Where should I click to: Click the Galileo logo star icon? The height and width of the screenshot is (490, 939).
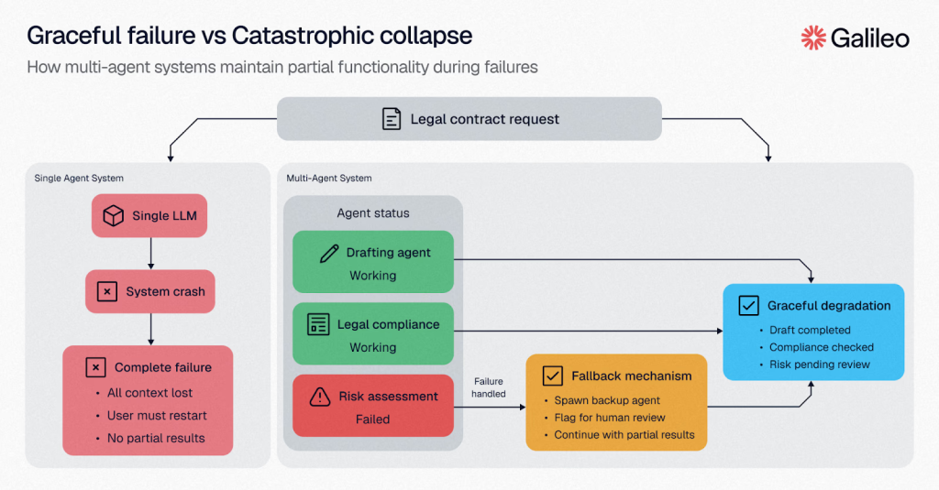(x=813, y=37)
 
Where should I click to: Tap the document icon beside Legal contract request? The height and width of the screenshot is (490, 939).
(x=392, y=119)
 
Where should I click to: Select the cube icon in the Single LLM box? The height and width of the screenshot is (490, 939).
(x=113, y=216)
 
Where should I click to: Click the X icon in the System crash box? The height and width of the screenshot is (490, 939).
(x=107, y=292)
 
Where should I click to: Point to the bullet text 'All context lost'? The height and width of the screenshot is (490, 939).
(x=149, y=393)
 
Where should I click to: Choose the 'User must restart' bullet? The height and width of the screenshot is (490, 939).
(x=157, y=416)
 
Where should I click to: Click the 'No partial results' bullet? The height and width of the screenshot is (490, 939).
(x=156, y=438)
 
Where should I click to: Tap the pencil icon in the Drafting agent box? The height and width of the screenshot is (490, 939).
(x=329, y=254)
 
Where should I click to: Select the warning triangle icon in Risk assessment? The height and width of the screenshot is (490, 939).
(x=319, y=397)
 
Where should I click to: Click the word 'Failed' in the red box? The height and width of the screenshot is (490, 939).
(x=372, y=419)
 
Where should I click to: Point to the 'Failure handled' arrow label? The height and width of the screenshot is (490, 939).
(x=489, y=387)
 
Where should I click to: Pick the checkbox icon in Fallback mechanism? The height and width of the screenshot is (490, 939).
(x=552, y=376)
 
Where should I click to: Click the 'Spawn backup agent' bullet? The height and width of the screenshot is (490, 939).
(x=607, y=401)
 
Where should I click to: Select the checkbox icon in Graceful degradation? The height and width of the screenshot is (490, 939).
(x=748, y=306)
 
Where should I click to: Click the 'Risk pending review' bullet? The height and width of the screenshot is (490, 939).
(x=820, y=365)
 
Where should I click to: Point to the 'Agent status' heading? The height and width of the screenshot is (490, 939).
(x=373, y=213)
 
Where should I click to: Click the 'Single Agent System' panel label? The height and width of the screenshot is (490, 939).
(x=79, y=178)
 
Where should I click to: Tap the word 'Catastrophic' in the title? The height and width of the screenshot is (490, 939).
(x=293, y=36)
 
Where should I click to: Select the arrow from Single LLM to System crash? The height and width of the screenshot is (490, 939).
(x=150, y=254)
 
